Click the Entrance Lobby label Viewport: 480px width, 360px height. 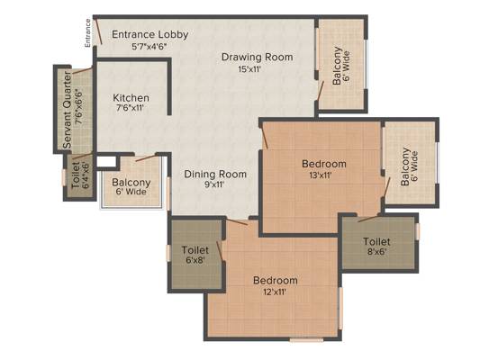pyautogui.click(x=150, y=34)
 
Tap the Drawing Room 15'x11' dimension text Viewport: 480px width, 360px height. pyautogui.click(x=249, y=69)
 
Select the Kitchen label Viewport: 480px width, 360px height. pyautogui.click(x=131, y=98)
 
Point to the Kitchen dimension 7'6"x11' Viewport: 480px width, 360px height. pyautogui.click(x=130, y=108)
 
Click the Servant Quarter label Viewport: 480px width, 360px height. pyautogui.click(x=67, y=111)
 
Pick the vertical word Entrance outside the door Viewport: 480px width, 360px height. pyautogui.click(x=88, y=33)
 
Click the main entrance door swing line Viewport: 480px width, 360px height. pyautogui.click(x=98, y=31)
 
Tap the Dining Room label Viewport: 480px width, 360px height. pyautogui.click(x=215, y=174)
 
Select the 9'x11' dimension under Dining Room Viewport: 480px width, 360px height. pyautogui.click(x=213, y=184)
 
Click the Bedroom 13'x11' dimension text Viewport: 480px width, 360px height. pyautogui.click(x=321, y=175)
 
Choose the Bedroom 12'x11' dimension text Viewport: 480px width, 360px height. pyautogui.click(x=275, y=292)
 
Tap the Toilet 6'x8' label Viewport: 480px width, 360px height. pyautogui.click(x=195, y=255)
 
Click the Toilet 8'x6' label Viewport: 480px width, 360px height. pyautogui.click(x=376, y=247)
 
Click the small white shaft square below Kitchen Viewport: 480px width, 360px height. pyautogui.click(x=106, y=162)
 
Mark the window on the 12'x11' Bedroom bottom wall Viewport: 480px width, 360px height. pyautogui.click(x=306, y=339)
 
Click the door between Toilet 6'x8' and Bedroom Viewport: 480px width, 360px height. pyautogui.click(x=220, y=251)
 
